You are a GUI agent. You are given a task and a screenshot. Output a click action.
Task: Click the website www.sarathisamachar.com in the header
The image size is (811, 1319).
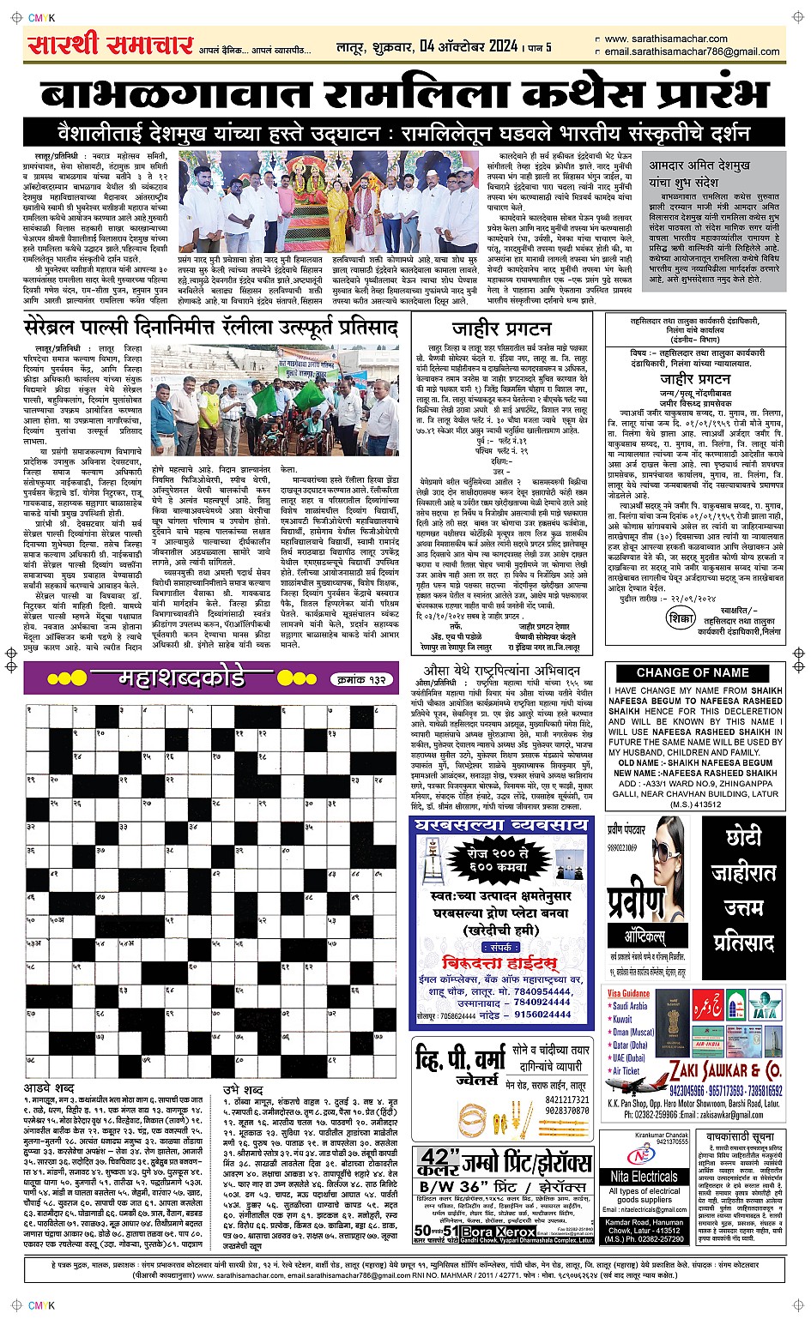(x=665, y=39)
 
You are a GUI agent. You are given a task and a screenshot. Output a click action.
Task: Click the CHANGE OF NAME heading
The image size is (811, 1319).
(x=693, y=673)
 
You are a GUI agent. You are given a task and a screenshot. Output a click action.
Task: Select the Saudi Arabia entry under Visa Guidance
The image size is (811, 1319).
(x=630, y=1006)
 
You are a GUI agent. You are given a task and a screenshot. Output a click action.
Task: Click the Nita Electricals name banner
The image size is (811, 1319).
(x=644, y=1177)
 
